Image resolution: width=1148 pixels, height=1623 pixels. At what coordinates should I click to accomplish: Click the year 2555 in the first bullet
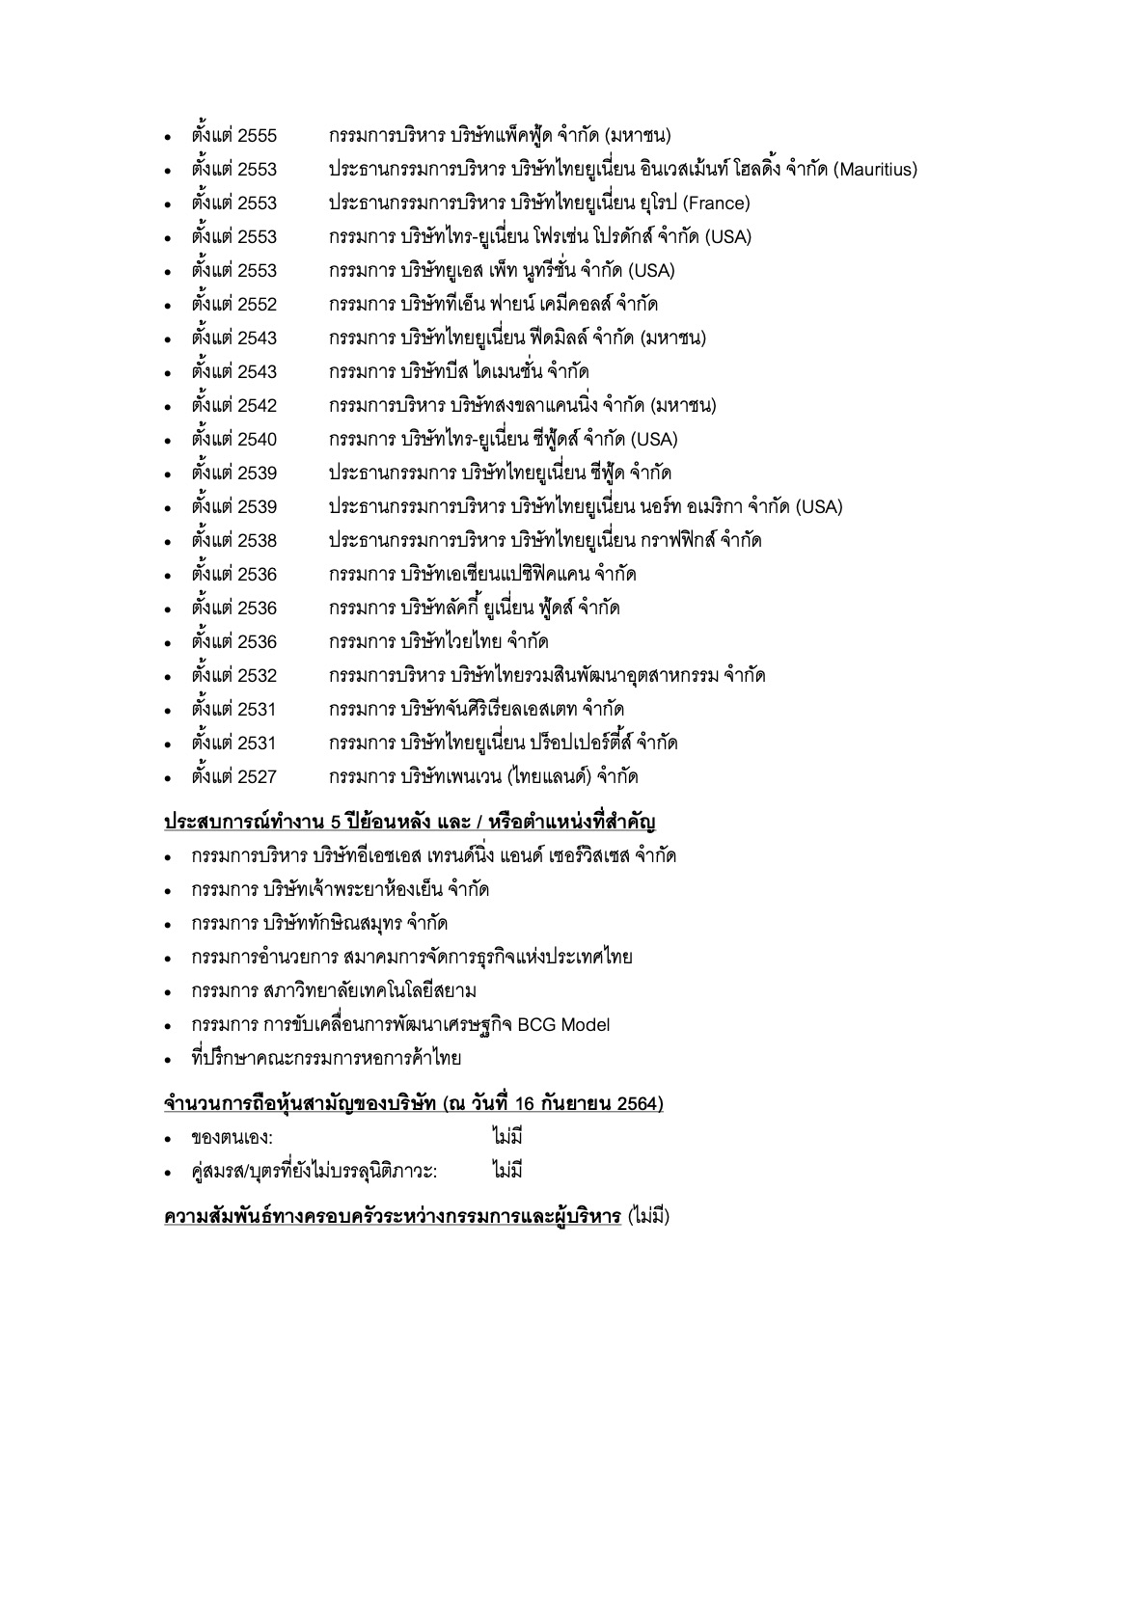coord(257,136)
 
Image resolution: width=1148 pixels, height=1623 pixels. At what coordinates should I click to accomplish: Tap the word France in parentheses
coord(715,203)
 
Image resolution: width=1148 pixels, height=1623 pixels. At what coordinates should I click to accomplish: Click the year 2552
coord(257,305)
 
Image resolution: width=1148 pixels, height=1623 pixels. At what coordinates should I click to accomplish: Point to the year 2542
coord(257,406)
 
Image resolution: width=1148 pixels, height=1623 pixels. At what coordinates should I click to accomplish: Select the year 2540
coord(257,440)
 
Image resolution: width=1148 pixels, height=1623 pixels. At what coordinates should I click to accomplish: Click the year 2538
coord(257,541)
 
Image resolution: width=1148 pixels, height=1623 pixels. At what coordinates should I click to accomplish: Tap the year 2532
coord(257,676)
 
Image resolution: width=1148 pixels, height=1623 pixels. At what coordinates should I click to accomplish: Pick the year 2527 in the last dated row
coord(257,777)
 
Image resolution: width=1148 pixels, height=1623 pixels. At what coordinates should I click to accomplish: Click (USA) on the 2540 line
coord(654,440)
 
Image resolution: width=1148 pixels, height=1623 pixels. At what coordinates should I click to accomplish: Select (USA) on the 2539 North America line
coord(819,507)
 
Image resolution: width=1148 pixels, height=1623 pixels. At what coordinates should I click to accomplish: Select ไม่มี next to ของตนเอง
coord(506,1138)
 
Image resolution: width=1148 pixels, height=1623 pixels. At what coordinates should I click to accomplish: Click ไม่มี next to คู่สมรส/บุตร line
coord(506,1172)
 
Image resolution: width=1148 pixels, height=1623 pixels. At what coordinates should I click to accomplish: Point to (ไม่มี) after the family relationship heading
coord(648,1216)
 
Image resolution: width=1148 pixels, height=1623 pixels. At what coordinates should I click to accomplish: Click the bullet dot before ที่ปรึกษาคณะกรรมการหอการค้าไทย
coord(168,1060)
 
